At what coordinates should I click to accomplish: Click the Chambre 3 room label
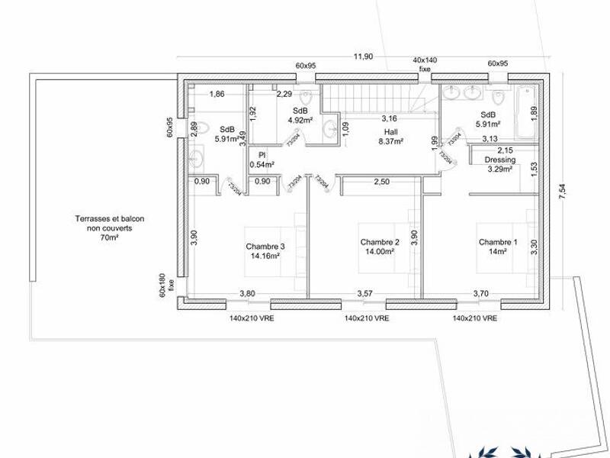(265, 247)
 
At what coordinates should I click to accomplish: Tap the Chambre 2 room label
(380, 242)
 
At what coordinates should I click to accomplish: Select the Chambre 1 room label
(498, 243)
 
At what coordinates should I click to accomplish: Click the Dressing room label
(500, 160)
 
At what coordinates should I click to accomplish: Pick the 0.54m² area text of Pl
(262, 164)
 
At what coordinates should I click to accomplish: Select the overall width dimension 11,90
(363, 56)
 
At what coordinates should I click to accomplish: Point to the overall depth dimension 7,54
(563, 192)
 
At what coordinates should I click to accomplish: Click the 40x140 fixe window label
(425, 63)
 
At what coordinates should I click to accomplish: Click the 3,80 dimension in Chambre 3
(247, 293)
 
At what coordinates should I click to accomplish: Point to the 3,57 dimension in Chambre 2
(366, 293)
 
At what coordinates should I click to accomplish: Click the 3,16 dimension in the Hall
(390, 118)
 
